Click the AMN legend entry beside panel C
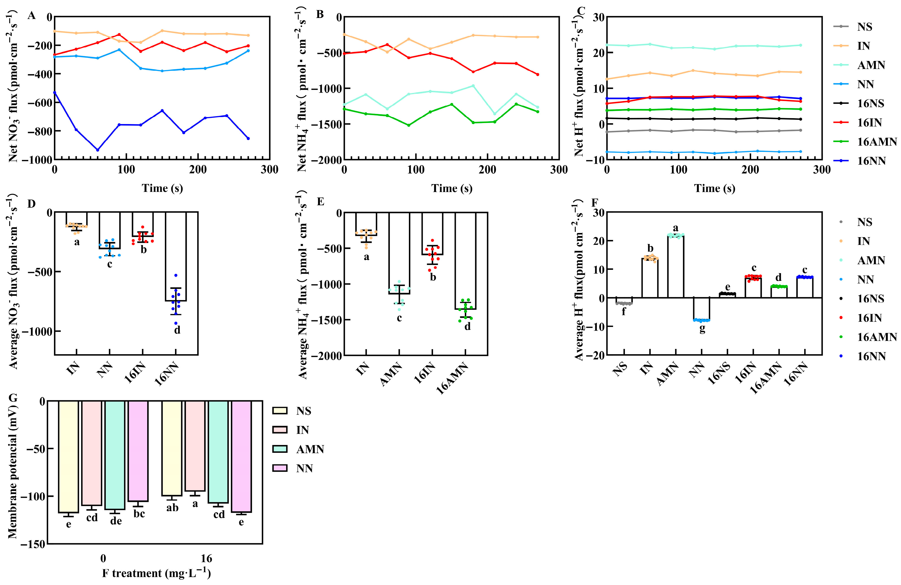[x=871, y=65]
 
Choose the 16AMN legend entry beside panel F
[x=876, y=337]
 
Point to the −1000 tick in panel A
[x=37, y=160]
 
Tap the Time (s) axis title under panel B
[x=452, y=188]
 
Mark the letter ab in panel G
[x=172, y=508]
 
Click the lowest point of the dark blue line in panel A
[x=98, y=150]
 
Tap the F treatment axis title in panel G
[x=156, y=573]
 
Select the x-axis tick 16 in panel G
[x=206, y=559]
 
